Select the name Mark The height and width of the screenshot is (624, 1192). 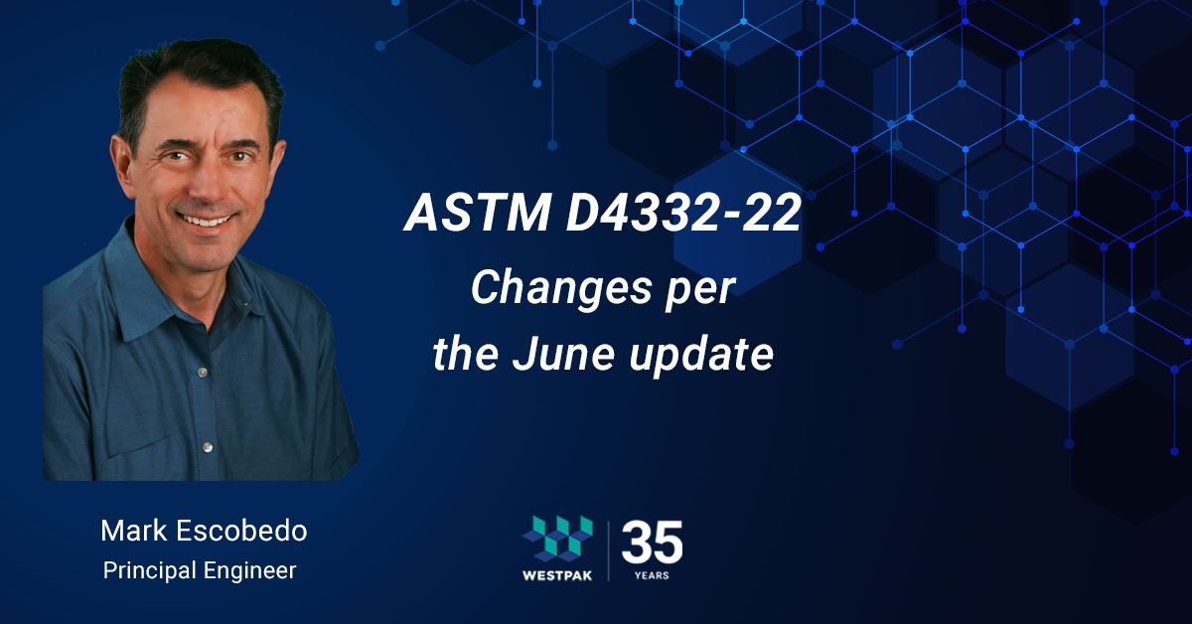[x=134, y=531]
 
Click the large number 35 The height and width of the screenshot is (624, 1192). [x=653, y=543]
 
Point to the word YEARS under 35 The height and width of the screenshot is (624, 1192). [x=652, y=575]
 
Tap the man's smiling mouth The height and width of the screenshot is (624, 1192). [x=206, y=220]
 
